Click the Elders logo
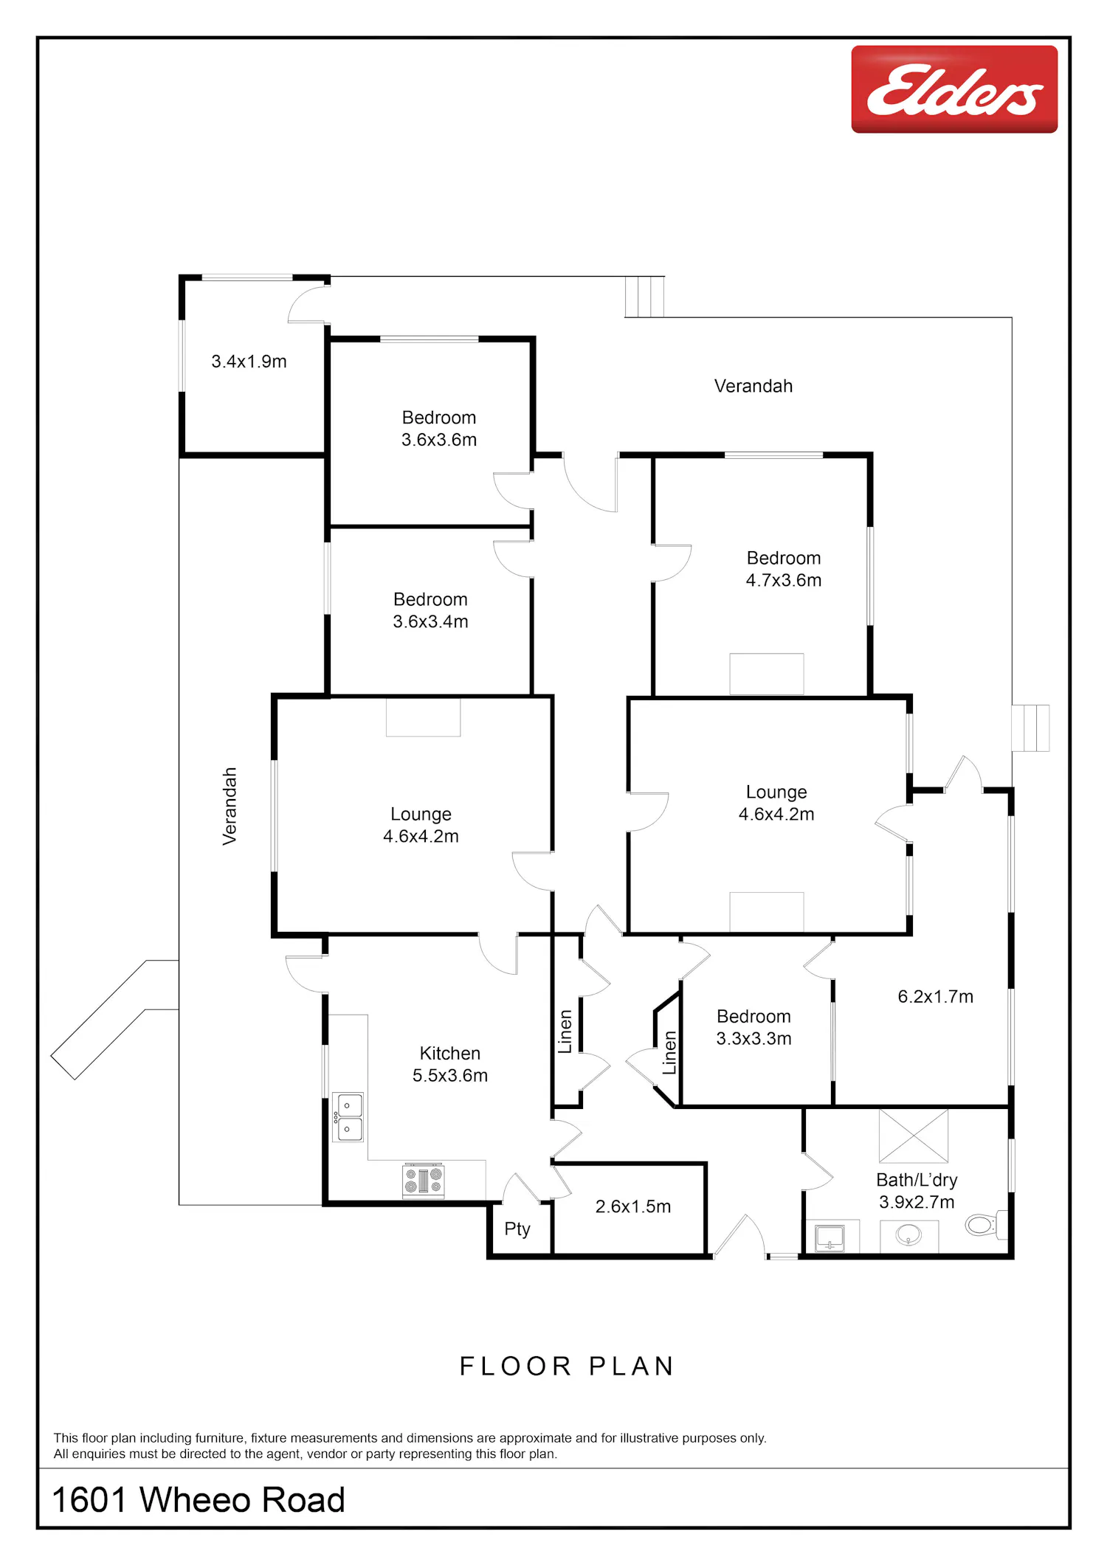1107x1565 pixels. click(x=954, y=89)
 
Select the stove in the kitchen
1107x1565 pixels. click(x=423, y=1180)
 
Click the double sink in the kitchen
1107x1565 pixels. click(x=348, y=1117)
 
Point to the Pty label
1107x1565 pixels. click(x=517, y=1229)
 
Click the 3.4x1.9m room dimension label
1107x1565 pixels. click(x=249, y=362)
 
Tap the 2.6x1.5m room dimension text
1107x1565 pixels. click(x=633, y=1206)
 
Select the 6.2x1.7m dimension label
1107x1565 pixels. click(x=935, y=997)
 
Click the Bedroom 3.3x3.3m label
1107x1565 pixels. click(x=753, y=1027)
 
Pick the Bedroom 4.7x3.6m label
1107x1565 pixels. click(x=783, y=569)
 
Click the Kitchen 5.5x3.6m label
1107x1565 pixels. click(x=449, y=1064)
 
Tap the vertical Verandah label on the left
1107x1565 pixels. click(x=230, y=806)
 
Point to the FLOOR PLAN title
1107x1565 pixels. click(x=567, y=1367)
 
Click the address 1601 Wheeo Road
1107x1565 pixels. click(x=199, y=1500)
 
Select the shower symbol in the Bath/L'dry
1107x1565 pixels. click(x=913, y=1136)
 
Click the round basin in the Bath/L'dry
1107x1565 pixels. click(x=908, y=1234)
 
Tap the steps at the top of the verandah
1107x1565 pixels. click(x=644, y=297)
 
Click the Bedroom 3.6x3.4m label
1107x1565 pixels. click(x=430, y=610)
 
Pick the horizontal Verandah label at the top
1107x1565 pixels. click(x=753, y=386)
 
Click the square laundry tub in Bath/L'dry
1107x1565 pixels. click(x=830, y=1237)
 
